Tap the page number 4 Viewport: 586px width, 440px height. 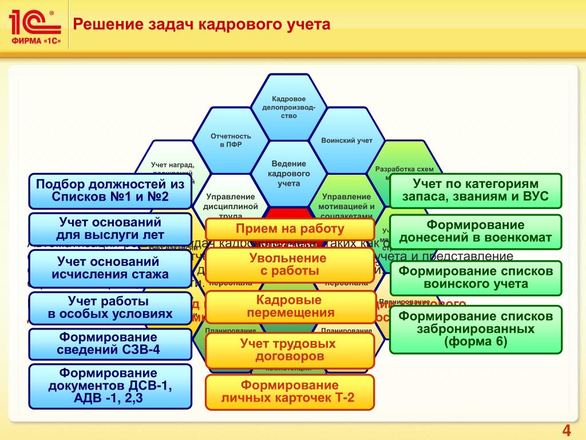[x=567, y=431]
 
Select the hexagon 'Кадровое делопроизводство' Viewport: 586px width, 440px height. [x=288, y=107]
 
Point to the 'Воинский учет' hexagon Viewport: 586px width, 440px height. [x=347, y=140]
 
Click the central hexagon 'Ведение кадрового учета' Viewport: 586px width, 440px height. [x=289, y=173]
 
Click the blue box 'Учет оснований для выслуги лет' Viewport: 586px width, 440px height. [x=110, y=228]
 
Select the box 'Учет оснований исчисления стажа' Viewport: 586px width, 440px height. [x=110, y=268]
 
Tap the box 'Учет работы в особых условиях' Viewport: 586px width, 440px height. [x=110, y=308]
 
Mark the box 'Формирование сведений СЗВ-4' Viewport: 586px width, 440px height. [x=110, y=344]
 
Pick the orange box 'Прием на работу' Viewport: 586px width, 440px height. [x=290, y=229]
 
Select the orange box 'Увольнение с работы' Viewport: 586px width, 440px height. [x=290, y=265]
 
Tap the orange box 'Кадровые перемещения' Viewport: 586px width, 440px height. [x=290, y=307]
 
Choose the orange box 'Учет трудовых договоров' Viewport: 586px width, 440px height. [x=290, y=350]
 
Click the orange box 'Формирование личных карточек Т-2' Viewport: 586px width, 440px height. [x=290, y=392]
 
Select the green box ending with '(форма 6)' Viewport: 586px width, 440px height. [x=476, y=329]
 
